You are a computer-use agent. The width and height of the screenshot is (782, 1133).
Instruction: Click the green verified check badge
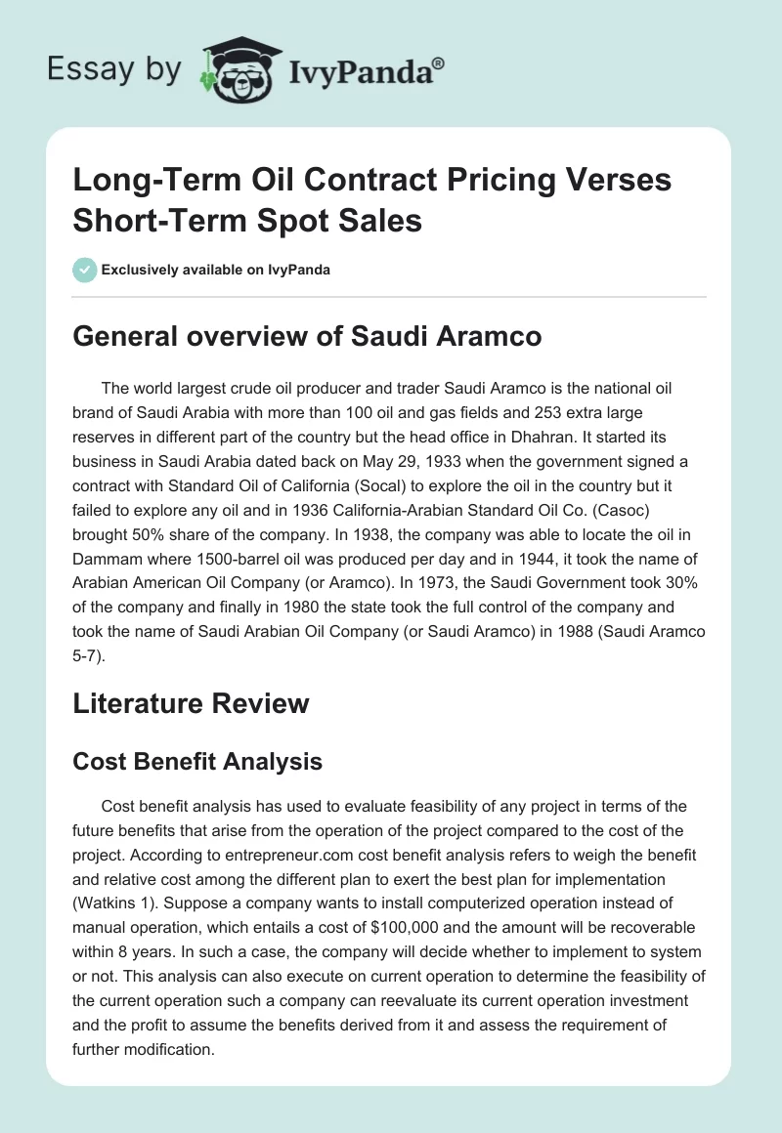point(84,270)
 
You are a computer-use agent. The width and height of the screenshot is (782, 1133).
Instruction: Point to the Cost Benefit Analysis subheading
point(197,761)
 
